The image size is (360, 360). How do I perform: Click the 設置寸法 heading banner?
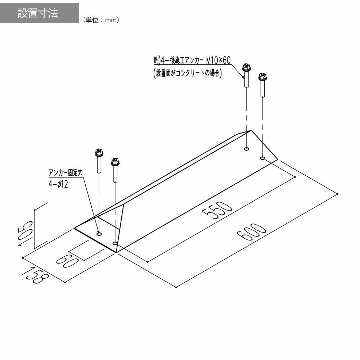[39, 13]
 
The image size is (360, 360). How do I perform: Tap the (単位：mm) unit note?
[101, 21]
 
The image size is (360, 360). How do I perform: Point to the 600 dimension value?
[252, 232]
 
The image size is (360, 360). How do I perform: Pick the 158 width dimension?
[36, 275]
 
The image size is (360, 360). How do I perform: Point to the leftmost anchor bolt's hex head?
[98, 153]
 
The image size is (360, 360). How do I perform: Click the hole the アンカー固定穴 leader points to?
[99, 234]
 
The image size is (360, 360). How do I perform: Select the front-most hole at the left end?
[115, 244]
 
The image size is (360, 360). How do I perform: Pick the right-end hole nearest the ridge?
[247, 149]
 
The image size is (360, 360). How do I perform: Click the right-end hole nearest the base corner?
[262, 158]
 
